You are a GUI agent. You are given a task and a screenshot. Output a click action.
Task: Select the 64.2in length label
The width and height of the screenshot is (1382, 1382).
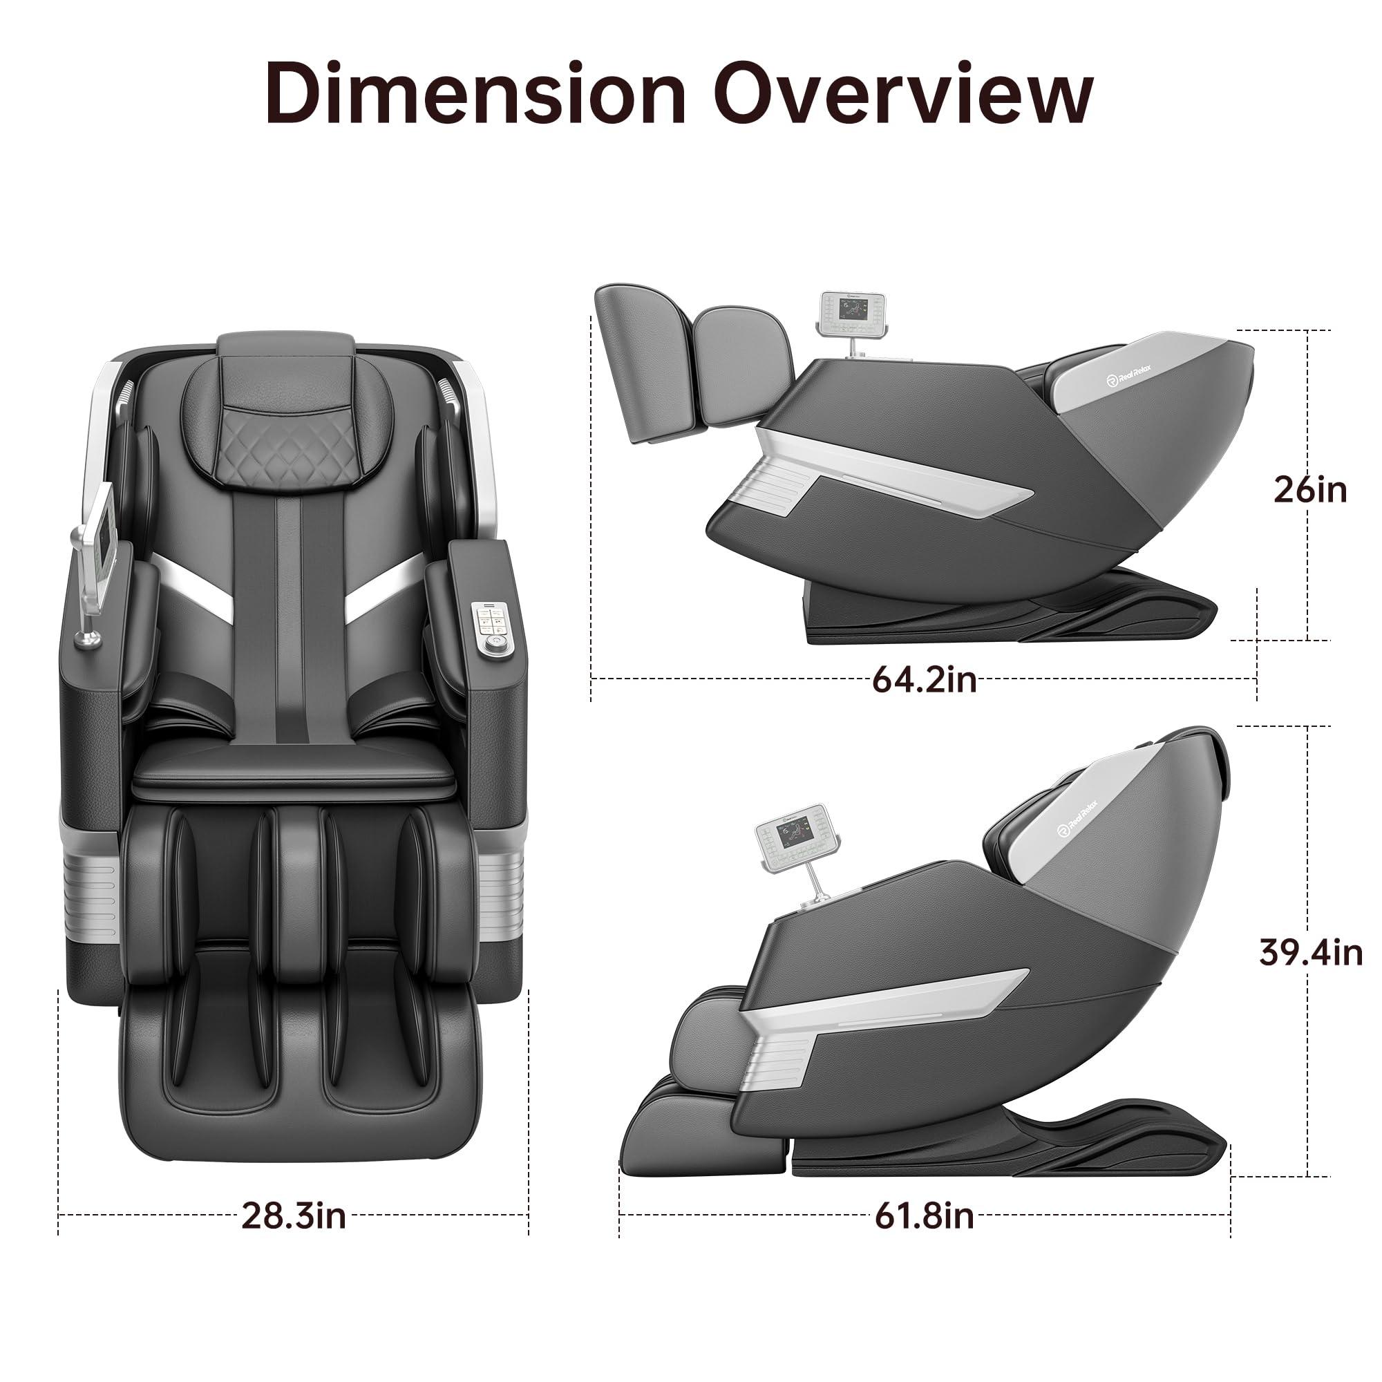(x=924, y=679)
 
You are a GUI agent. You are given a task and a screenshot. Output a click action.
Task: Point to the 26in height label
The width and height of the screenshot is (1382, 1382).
(x=1309, y=490)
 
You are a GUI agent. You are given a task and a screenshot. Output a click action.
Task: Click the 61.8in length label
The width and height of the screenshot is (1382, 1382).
(x=924, y=1215)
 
